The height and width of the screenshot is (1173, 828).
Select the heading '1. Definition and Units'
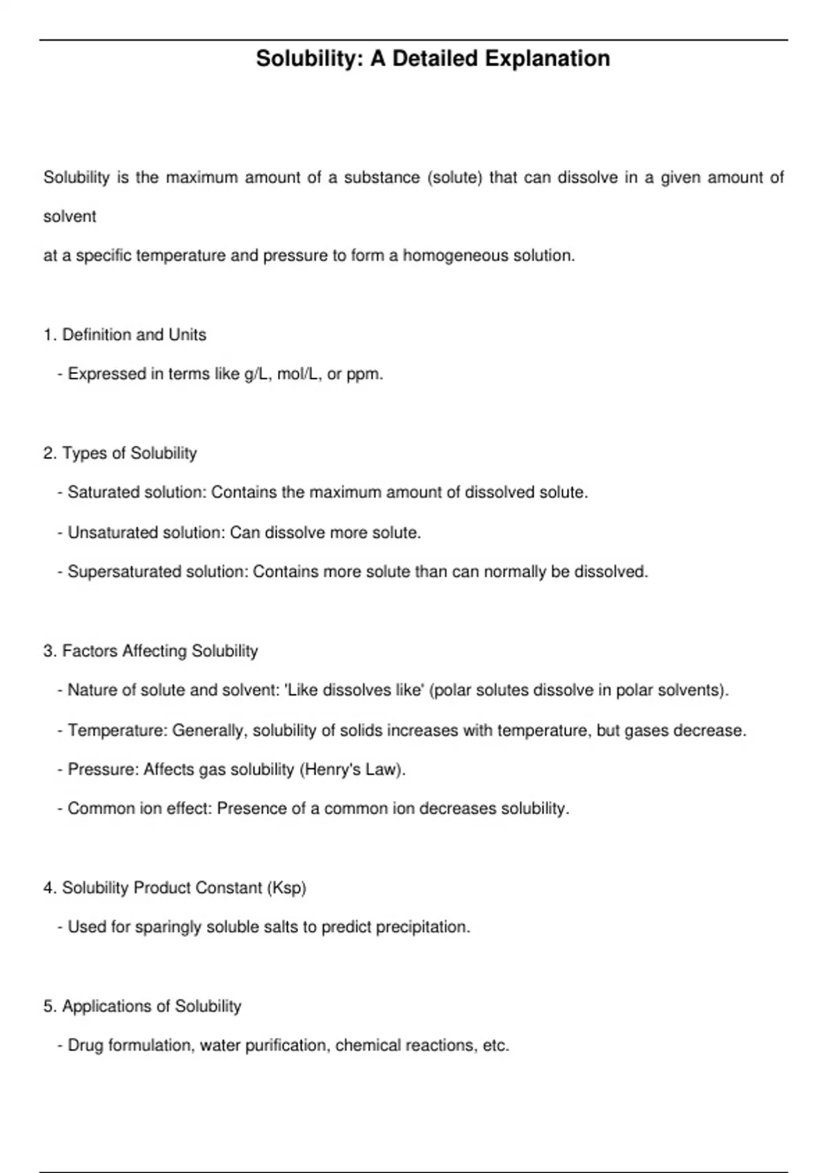[125, 335]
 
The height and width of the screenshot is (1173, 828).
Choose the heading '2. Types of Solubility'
[120, 453]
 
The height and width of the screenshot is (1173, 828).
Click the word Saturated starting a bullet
[101, 493]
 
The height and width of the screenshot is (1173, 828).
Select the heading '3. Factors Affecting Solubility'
[150, 651]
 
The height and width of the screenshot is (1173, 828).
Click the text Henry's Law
[352, 769]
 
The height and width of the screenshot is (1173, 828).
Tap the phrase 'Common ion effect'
[139, 809]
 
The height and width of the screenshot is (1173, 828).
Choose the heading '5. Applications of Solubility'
[142, 1006]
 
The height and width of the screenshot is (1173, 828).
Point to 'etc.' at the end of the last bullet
[495, 1045]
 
